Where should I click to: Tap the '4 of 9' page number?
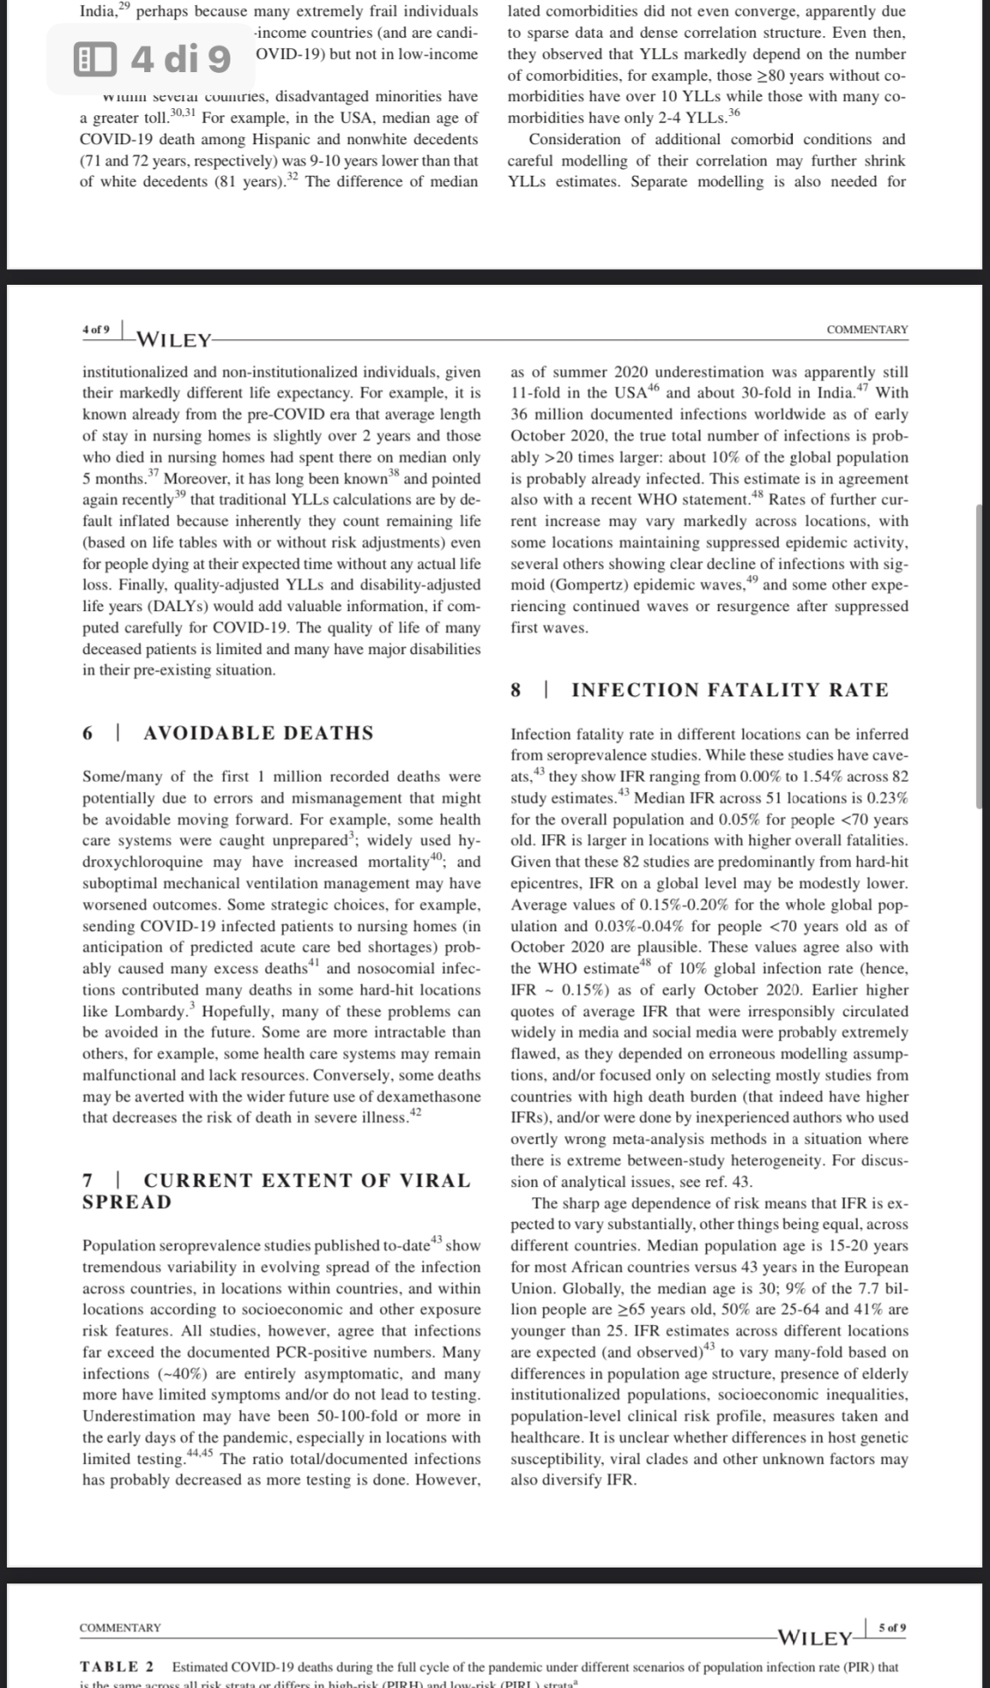[96, 330]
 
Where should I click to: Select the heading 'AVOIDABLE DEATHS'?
[258, 733]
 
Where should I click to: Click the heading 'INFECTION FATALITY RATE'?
[730, 690]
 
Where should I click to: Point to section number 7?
[88, 1181]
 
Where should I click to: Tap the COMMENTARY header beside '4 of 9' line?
[867, 330]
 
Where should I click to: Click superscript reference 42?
[416, 1113]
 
